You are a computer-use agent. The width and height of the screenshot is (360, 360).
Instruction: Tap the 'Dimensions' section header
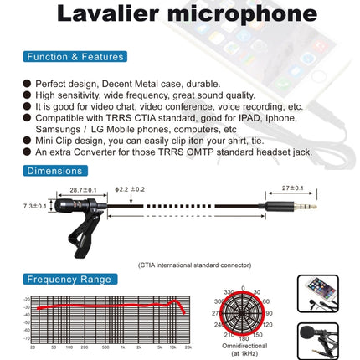pos(54,172)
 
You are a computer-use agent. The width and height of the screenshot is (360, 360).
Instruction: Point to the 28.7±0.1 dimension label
pos(85,190)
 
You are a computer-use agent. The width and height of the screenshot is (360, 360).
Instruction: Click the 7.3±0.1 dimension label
pos(34,206)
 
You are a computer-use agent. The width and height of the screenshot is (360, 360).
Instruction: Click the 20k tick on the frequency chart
pos(189,347)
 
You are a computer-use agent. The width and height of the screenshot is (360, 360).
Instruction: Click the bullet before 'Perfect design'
pos(28,84)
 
